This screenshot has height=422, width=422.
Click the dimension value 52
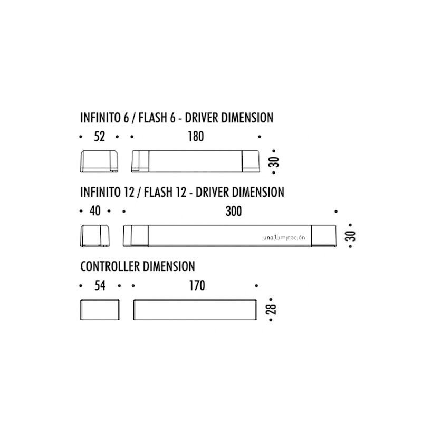tap(99, 137)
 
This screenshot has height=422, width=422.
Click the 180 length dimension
tap(196, 137)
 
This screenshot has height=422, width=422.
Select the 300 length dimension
tap(234, 212)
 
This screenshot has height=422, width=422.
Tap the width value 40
tap(95, 210)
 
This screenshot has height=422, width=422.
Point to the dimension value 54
tap(100, 285)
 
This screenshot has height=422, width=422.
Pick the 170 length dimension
tap(197, 285)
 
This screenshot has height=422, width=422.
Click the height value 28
tap(272, 309)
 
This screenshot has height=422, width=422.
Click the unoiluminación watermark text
tap(284, 238)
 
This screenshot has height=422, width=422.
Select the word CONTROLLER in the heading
tap(111, 266)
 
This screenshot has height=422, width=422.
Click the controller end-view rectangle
tap(100, 310)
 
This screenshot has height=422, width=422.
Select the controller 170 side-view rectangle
tap(195, 310)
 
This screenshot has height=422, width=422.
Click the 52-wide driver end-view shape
tap(99, 161)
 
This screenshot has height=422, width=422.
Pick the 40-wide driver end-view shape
tap(95, 236)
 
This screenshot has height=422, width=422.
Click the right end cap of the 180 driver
tap(251, 161)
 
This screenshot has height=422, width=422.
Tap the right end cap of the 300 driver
tap(324, 236)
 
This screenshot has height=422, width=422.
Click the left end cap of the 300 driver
tap(136, 236)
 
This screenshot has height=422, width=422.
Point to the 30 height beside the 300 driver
tap(351, 236)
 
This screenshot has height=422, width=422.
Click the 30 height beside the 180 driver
tap(274, 162)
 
